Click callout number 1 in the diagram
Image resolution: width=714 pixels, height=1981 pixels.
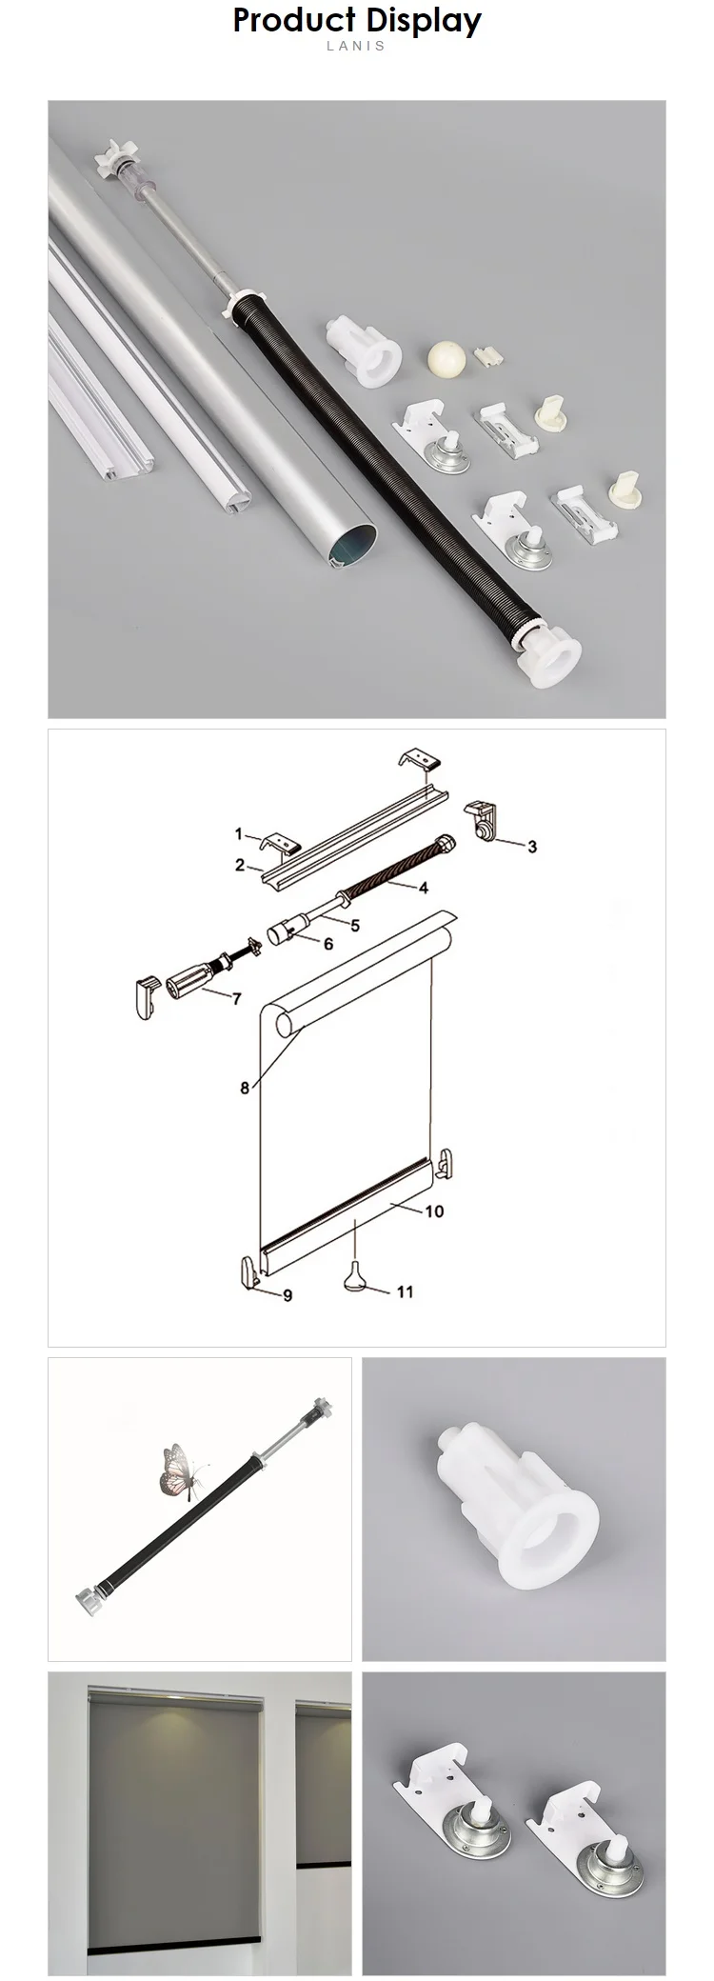(x=239, y=834)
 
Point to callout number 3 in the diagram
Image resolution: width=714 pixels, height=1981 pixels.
(x=532, y=846)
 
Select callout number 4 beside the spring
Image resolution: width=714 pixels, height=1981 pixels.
(x=423, y=888)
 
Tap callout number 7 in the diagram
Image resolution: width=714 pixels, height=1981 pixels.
(x=236, y=998)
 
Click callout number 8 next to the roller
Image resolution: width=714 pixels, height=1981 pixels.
(x=245, y=1088)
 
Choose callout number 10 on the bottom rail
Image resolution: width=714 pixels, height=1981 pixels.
(x=434, y=1211)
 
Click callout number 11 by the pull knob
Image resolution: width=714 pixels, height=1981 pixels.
(x=406, y=1292)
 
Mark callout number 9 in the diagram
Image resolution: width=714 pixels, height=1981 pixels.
(x=288, y=1295)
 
